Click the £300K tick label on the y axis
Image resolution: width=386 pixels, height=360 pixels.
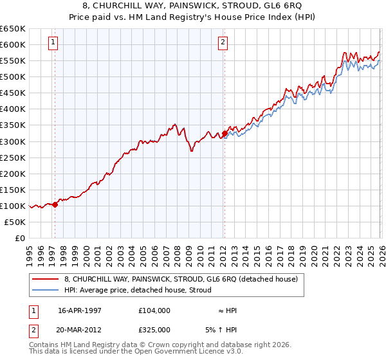coord(13,141)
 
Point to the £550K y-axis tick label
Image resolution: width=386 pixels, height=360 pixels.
coord(13,60)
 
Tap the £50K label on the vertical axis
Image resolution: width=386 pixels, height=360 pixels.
coord(15,222)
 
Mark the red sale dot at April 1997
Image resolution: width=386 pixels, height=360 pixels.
coord(55,204)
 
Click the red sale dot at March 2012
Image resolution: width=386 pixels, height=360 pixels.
coord(225,133)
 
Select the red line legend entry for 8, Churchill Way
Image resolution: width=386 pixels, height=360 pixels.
coord(181,280)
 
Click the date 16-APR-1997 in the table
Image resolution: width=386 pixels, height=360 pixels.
coord(80,310)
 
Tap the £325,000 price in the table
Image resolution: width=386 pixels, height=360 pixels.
coord(154,330)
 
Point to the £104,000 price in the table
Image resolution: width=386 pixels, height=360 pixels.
coord(154,310)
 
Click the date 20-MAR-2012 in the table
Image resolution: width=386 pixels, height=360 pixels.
coord(80,330)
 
